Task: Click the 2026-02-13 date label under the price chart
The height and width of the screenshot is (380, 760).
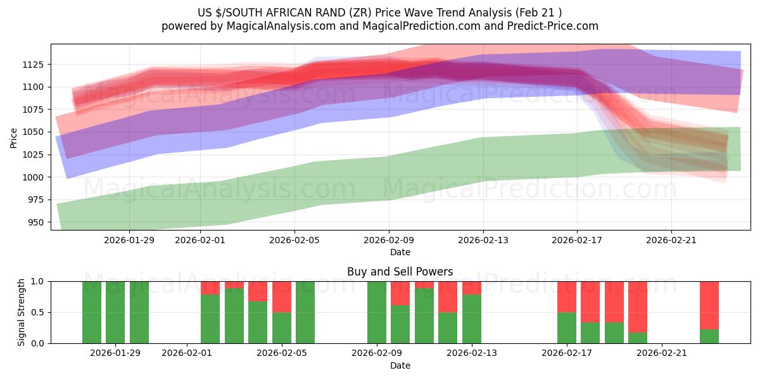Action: coord(483,240)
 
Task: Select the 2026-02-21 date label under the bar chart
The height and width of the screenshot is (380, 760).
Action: coord(661,353)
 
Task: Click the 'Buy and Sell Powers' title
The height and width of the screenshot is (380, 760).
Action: coord(400,272)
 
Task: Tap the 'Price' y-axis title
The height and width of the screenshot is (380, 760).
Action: coord(14,137)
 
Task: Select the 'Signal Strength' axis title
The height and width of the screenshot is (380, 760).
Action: coord(21,312)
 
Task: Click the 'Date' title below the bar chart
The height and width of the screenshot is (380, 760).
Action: coord(400,365)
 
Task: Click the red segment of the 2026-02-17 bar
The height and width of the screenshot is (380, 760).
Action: coord(567,296)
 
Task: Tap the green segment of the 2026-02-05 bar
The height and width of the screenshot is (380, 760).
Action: coord(282,327)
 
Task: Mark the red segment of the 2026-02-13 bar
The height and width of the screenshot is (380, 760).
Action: coord(472,288)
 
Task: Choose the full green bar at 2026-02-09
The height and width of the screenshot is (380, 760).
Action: coord(377,312)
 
